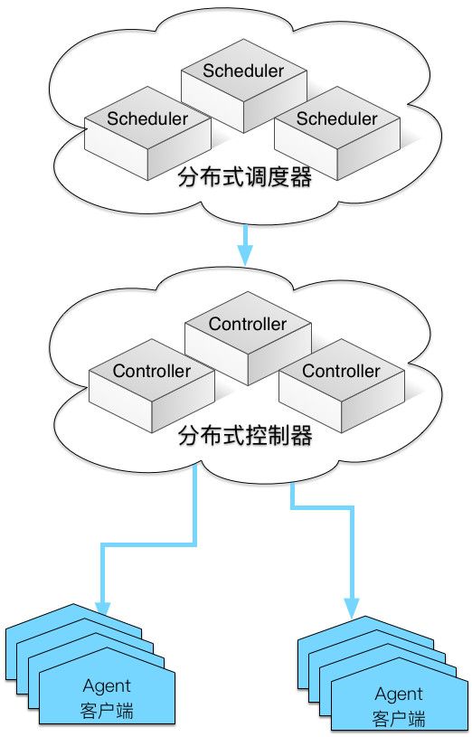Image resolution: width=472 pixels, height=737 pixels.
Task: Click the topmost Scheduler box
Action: [244, 86]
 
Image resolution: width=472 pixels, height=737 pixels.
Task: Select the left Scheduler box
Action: [147, 134]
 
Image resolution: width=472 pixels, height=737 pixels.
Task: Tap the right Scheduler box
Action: [337, 134]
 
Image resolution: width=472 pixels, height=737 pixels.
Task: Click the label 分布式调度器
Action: [244, 178]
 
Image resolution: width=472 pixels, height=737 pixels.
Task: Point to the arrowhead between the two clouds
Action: [245, 255]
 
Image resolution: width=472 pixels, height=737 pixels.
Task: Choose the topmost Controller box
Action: [249, 339]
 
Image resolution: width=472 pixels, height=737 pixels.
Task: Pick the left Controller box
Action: [152, 386]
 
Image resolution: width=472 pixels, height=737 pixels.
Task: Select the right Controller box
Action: [342, 386]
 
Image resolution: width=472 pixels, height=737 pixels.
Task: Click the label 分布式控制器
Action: [245, 436]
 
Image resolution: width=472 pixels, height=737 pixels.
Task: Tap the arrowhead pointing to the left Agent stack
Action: [102, 608]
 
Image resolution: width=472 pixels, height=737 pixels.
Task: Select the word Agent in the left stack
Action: [107, 686]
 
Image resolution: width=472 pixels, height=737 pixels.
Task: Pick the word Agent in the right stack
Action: [399, 694]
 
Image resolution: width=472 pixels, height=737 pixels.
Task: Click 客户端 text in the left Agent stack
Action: [107, 710]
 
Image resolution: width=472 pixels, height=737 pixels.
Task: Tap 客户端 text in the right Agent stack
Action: [399, 719]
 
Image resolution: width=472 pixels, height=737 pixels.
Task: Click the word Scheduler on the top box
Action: [243, 71]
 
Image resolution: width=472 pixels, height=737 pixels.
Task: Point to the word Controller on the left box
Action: [152, 371]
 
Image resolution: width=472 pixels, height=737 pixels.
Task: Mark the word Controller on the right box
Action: [341, 371]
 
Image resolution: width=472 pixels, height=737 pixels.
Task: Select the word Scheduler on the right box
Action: [336, 118]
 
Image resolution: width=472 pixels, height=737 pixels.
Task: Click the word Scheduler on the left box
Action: [147, 118]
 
